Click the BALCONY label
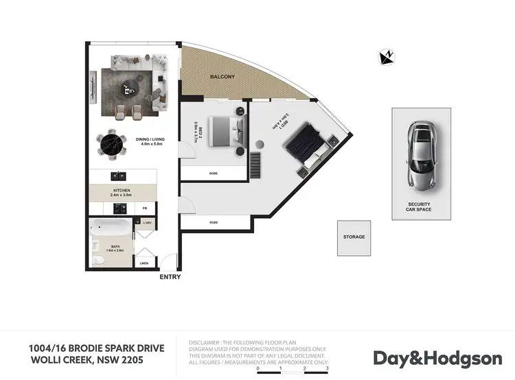click(x=223, y=77)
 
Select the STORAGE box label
click(x=354, y=237)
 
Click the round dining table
click(x=111, y=145)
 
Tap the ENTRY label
click(x=170, y=277)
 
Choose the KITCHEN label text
click(x=122, y=190)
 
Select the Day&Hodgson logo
click(x=437, y=358)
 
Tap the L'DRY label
click(x=147, y=222)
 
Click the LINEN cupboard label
click(x=144, y=263)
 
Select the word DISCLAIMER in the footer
click(x=205, y=341)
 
